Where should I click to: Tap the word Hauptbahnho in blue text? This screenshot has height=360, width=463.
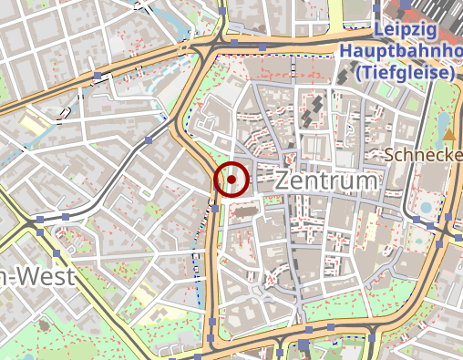click(401, 50)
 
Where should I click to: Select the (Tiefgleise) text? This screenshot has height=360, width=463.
click(405, 71)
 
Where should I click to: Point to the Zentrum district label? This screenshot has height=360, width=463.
click(324, 180)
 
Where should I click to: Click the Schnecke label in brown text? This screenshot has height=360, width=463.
click(424, 155)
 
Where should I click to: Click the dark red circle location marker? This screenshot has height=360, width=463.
click(232, 180)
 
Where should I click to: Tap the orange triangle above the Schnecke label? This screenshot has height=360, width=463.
click(448, 136)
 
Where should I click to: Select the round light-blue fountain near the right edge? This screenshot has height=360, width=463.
click(426, 208)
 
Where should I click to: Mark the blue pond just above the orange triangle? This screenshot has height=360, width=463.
click(446, 119)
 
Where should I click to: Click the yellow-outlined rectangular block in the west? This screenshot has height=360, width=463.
click(36, 127)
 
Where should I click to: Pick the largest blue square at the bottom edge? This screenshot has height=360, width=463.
click(304, 345)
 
